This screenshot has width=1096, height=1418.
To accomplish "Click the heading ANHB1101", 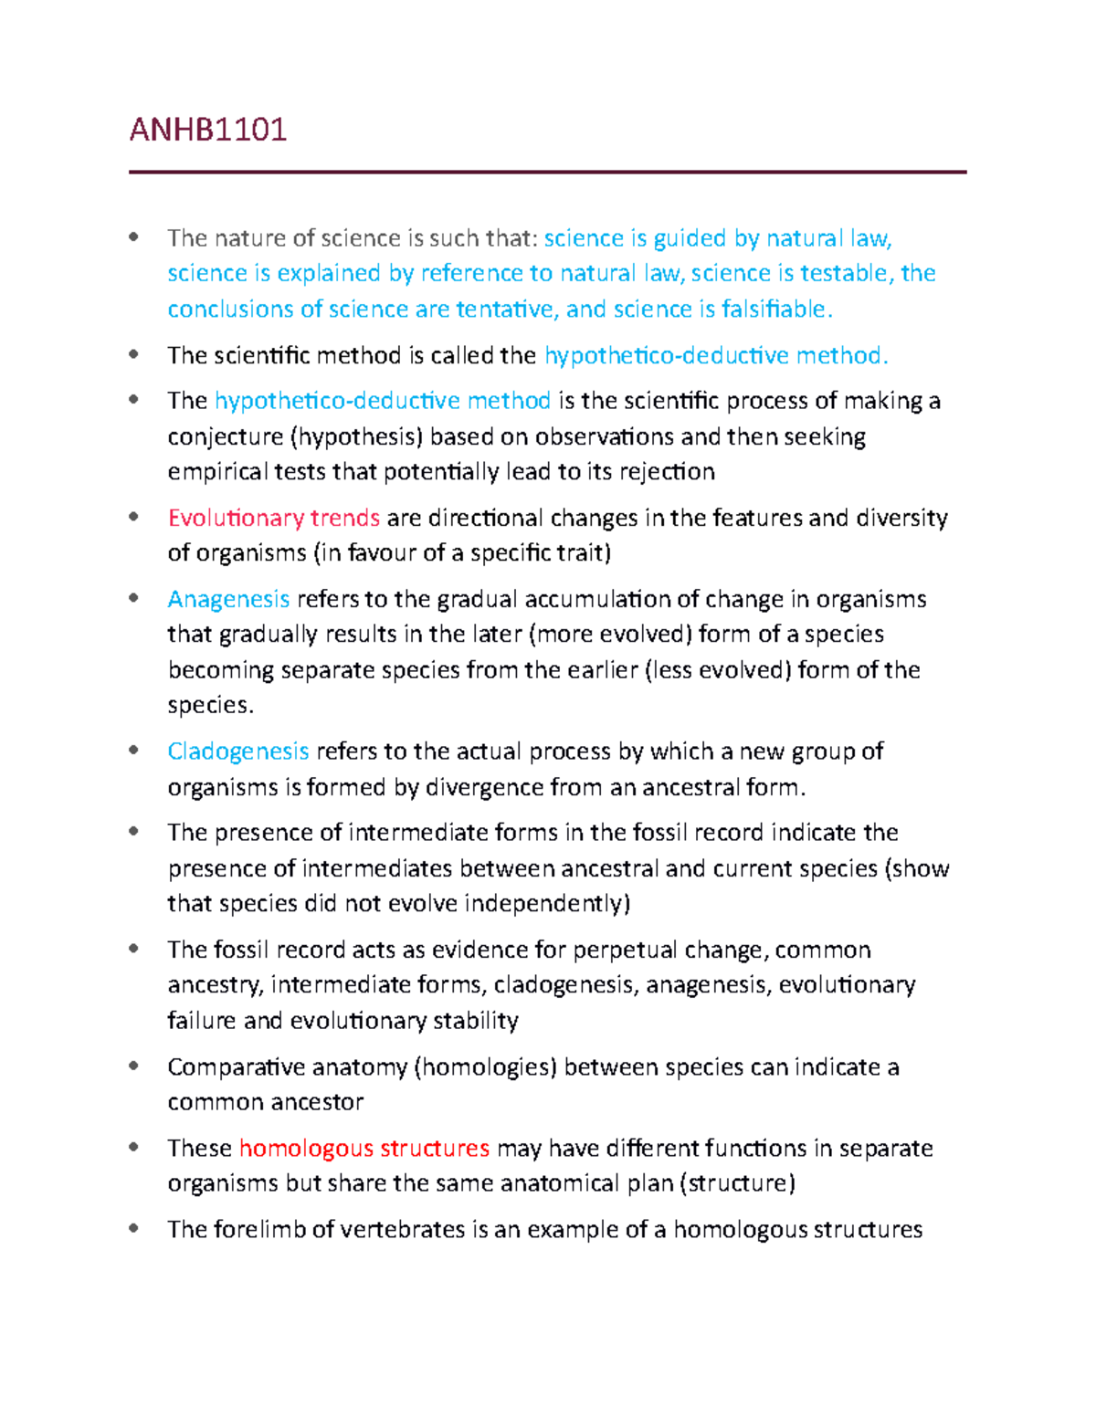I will pos(208,130).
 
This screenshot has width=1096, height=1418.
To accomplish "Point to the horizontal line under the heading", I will pos(547,172).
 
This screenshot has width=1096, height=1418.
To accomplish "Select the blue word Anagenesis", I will pos(228,599).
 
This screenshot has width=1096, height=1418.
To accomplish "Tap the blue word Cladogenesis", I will pos(238,751).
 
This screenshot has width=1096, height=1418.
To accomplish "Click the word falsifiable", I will pos(775,310).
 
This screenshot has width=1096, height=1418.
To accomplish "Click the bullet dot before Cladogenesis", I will pos(134,751).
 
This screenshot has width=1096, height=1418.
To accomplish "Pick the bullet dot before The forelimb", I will pos(134,1229).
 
